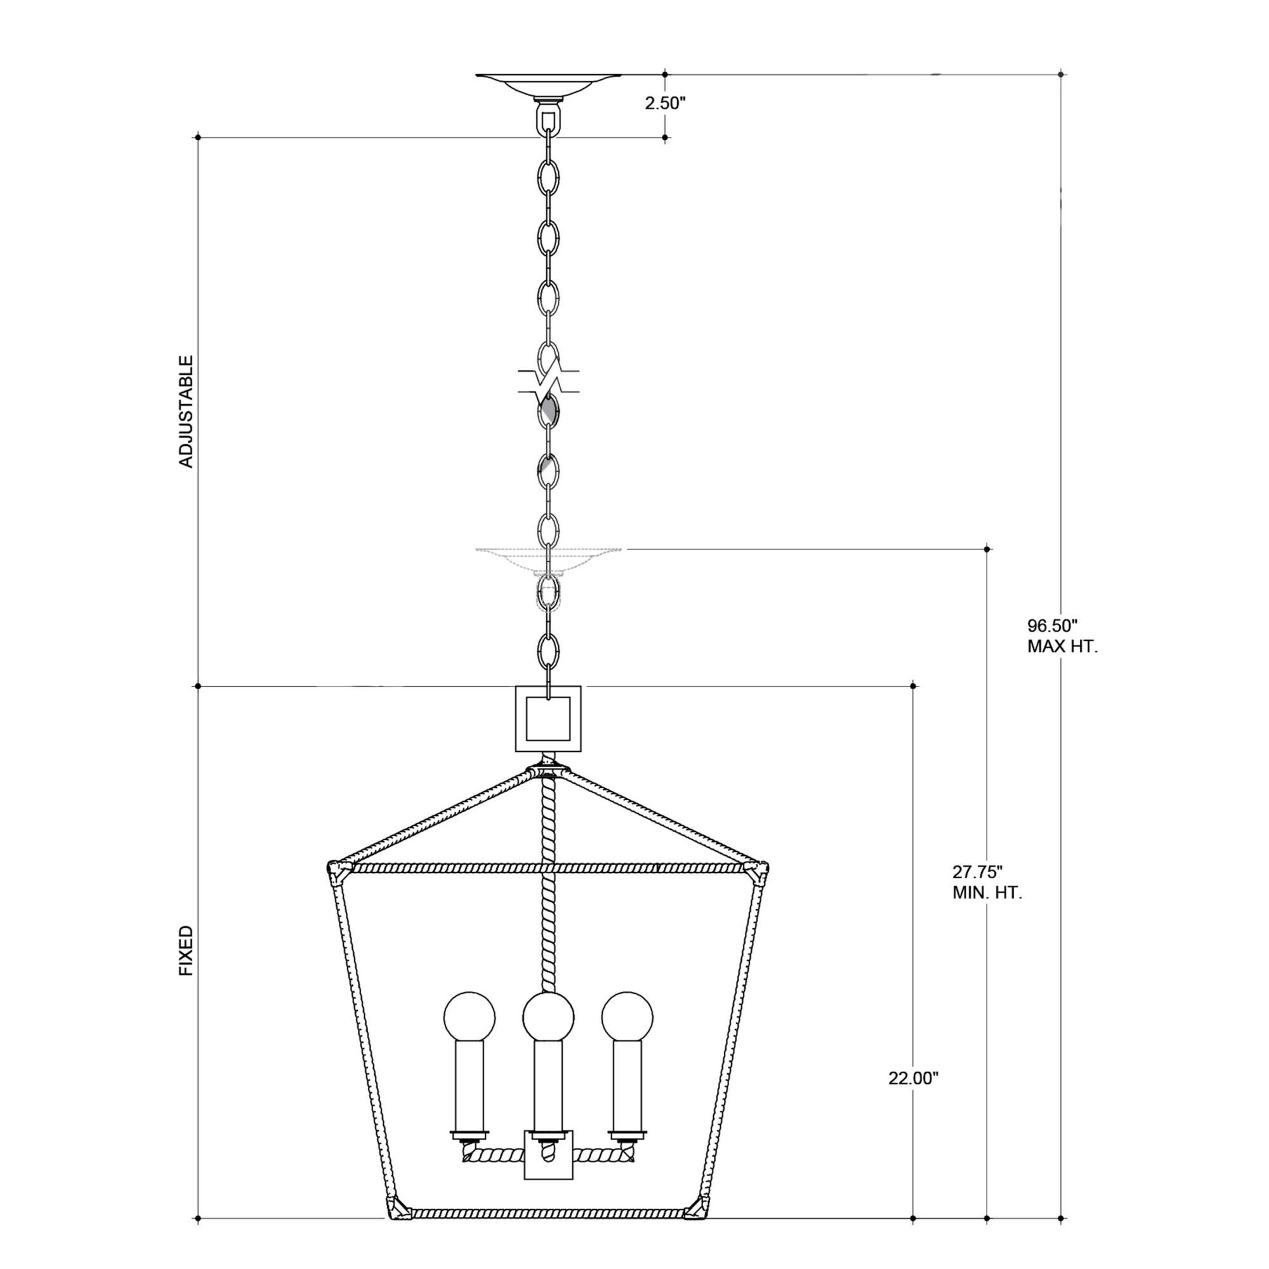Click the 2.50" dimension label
pos(665,103)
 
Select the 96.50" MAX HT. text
pos(1062,635)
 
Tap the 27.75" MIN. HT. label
pos(987,882)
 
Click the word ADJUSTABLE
pos(187,412)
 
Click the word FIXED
pos(187,950)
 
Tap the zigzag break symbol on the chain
pos(548,381)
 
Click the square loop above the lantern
pos(548,719)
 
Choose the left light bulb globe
pos(470,1016)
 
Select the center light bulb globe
pos(548,1016)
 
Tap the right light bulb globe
pos(628,1016)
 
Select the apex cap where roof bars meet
pos(548,766)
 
